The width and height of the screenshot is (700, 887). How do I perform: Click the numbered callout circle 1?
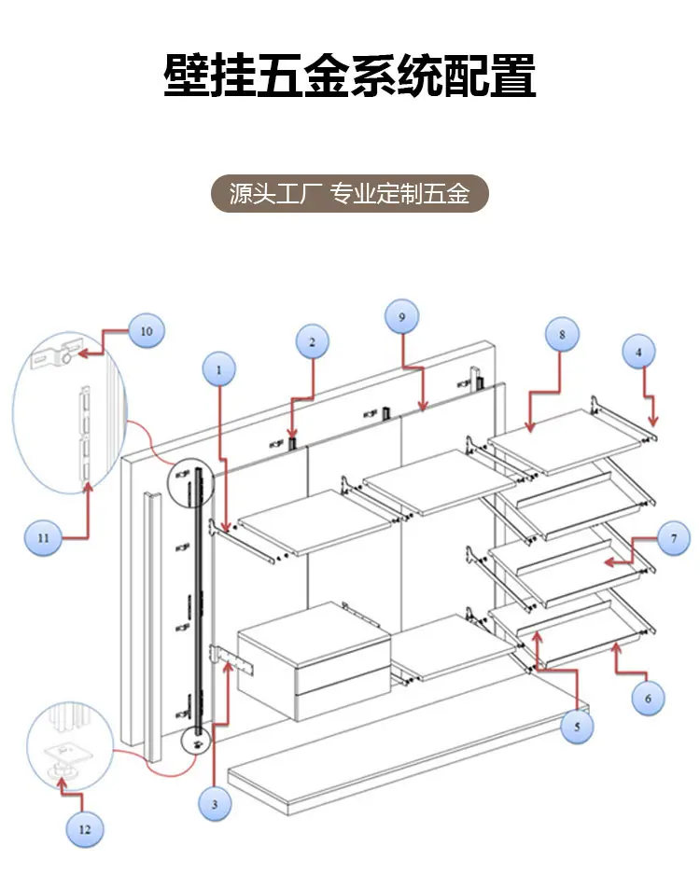(219, 369)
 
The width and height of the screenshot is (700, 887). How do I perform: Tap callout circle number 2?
(313, 341)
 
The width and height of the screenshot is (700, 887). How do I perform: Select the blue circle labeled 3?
(215, 804)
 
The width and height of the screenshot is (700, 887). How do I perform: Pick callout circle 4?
(639, 352)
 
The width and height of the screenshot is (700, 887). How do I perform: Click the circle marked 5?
(577, 727)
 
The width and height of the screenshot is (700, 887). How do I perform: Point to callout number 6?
(648, 699)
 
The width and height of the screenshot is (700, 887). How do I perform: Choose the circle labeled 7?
(674, 538)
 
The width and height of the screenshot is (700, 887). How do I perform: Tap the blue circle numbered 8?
(562, 334)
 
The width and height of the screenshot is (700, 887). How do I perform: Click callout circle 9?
(401, 317)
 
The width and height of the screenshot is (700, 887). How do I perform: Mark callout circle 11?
(44, 538)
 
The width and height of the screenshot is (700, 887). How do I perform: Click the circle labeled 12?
(85, 829)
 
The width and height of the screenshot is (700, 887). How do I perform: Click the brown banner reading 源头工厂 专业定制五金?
(350, 193)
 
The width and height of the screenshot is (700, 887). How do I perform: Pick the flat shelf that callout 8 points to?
(566, 441)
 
